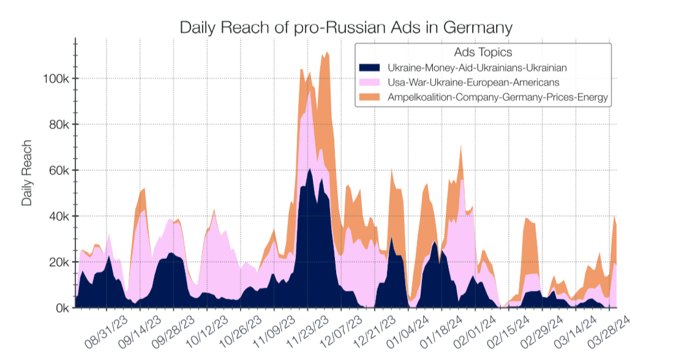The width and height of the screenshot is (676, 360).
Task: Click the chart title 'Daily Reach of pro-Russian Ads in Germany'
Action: [x=345, y=28]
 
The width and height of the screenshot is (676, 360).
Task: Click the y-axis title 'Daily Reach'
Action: [x=26, y=174]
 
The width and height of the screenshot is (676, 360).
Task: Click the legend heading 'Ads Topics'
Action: [x=483, y=53]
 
